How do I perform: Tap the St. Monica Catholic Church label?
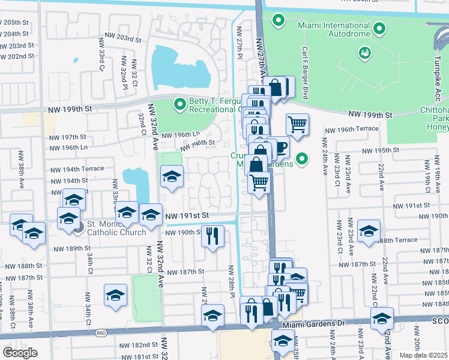point(117,228)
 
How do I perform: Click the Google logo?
point(20,353)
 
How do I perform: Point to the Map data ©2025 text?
point(424,355)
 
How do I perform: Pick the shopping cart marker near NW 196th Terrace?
point(297,125)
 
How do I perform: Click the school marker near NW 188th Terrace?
point(369,230)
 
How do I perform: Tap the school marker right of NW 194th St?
point(172,177)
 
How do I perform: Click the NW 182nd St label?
point(137,345)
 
